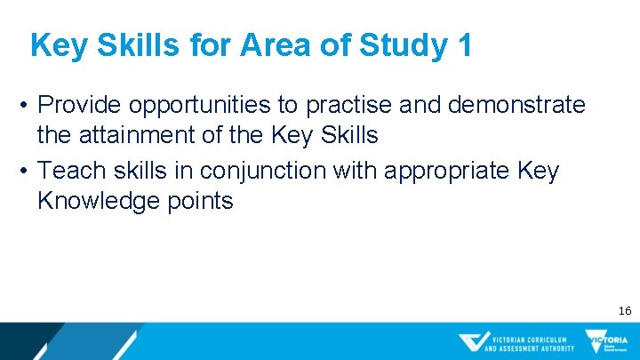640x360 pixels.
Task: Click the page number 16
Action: pyautogui.click(x=624, y=310)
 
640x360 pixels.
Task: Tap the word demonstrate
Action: pyautogui.click(x=516, y=105)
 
